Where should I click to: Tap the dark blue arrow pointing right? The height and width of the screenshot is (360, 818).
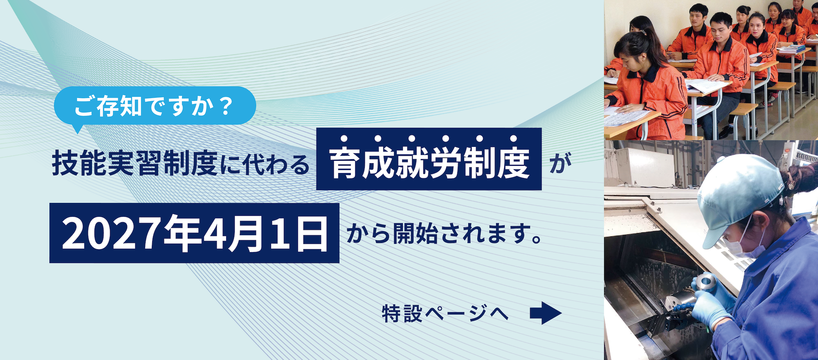point(546,313)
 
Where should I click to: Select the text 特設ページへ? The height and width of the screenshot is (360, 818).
point(445,314)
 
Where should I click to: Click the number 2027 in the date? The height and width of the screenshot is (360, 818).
point(111,233)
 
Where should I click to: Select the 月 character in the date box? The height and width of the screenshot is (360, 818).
point(246,234)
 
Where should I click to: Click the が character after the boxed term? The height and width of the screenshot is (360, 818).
point(561,163)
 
